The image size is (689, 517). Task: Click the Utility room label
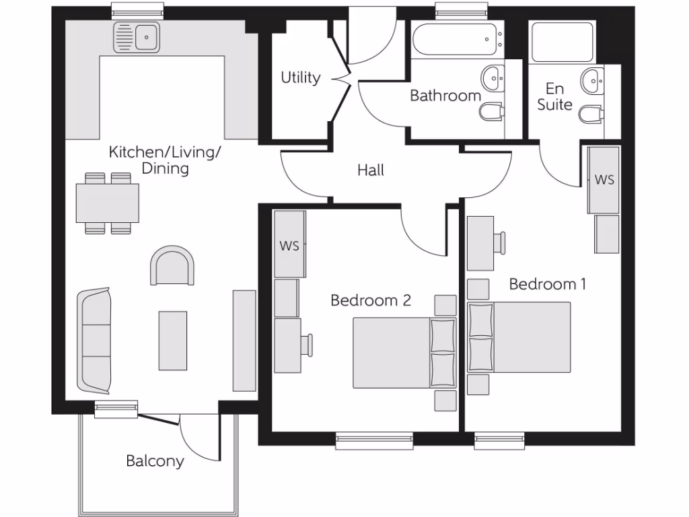pyautogui.click(x=300, y=78)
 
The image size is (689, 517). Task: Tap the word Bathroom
pyautogui.click(x=445, y=96)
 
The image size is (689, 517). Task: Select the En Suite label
pyautogui.click(x=554, y=97)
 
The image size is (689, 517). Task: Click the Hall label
pyautogui.click(x=371, y=170)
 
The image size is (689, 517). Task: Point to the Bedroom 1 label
pyautogui.click(x=547, y=284)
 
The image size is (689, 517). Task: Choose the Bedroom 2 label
pyautogui.click(x=370, y=300)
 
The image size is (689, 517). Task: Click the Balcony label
pyautogui.click(x=155, y=461)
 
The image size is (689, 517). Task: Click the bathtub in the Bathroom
pyautogui.click(x=456, y=40)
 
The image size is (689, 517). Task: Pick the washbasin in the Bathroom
pyautogui.click(x=493, y=78)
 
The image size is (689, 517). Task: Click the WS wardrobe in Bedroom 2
pyautogui.click(x=289, y=244)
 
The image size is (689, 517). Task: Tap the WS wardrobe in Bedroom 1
pyautogui.click(x=604, y=180)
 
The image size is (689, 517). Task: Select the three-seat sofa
pyautogui.click(x=94, y=341)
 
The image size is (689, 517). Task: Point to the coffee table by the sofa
pyautogui.click(x=173, y=340)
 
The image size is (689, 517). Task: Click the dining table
pyautogui.click(x=108, y=203)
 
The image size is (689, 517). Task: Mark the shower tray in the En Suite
pyautogui.click(x=562, y=42)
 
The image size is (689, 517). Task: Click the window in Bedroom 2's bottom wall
pyautogui.click(x=374, y=441)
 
